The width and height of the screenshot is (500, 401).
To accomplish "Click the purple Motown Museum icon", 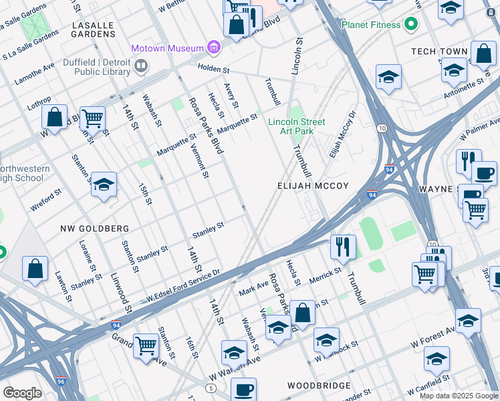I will coord(214,47).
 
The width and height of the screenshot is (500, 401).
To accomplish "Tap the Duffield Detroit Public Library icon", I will coord(141,65).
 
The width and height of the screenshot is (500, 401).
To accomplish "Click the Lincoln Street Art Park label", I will coord(296,126).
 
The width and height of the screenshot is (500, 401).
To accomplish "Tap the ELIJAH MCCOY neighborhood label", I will coord(314,186).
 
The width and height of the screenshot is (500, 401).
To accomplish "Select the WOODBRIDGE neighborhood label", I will coord(319,386).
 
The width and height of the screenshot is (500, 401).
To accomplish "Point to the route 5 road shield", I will coord(211,388).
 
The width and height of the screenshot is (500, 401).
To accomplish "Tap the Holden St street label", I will coord(213,69).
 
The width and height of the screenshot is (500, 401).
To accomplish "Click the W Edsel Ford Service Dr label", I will coord(184,287).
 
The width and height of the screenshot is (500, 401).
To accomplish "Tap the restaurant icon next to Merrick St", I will coord(343,247).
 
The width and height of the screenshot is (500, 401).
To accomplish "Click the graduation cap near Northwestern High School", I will coord(104,184).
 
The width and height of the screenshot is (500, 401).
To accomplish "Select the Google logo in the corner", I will coord(22,393).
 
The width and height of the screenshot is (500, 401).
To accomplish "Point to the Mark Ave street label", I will coord(253,289).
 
